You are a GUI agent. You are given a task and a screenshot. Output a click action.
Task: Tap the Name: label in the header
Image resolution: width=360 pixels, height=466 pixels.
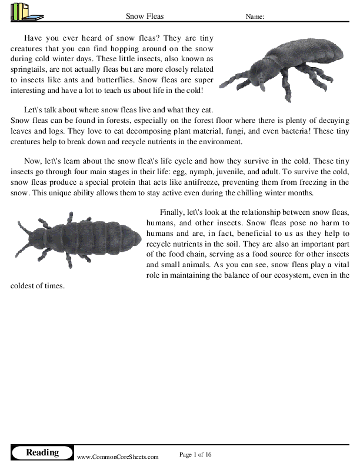pos(255,16)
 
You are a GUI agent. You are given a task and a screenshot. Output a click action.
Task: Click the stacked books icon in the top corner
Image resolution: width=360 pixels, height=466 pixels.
pos(22,11)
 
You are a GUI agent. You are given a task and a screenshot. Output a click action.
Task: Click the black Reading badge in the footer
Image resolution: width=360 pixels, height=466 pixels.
pos(42,452)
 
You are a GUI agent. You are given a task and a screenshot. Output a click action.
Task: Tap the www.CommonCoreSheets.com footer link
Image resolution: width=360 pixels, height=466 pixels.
pos(118,457)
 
